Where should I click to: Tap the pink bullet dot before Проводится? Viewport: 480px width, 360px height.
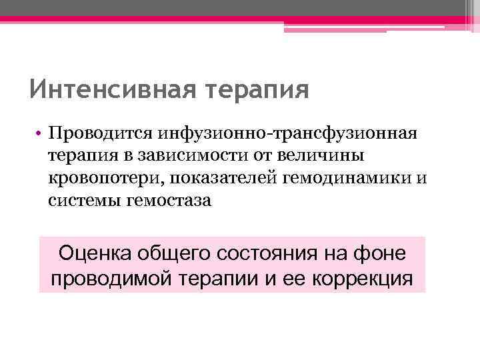(x=40, y=135)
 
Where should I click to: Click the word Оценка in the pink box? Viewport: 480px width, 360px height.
(x=96, y=253)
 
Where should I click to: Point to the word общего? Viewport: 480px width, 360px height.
(x=176, y=253)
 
